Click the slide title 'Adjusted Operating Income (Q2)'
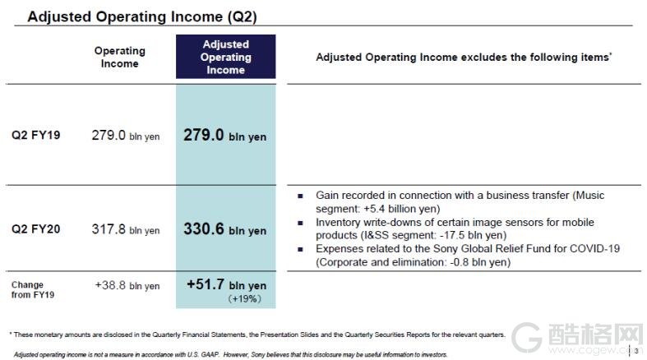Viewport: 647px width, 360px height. coord(142,16)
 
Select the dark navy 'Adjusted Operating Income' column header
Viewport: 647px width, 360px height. coord(226,57)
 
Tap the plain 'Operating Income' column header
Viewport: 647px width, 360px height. coord(120,57)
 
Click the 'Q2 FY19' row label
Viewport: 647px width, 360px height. coord(36,135)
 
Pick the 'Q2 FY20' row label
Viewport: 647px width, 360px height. coord(36,228)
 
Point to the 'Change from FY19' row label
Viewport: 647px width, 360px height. coord(33,289)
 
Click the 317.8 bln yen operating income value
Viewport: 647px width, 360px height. coord(126,229)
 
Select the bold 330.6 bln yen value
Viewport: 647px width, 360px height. coord(225,229)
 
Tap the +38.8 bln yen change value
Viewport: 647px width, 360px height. coord(127,285)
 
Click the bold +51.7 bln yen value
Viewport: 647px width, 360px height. coord(227,284)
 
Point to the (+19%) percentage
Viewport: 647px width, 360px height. coord(245,298)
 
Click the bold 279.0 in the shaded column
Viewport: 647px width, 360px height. coord(203,135)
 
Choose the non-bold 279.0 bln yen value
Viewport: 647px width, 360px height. coord(126,136)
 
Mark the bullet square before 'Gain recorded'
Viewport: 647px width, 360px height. coord(300,196)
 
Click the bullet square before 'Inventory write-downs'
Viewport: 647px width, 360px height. coord(300,223)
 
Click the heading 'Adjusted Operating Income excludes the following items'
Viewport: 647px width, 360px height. coord(464,57)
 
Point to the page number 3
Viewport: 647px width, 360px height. coord(636,351)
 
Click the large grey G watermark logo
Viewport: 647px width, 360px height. coord(526,338)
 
